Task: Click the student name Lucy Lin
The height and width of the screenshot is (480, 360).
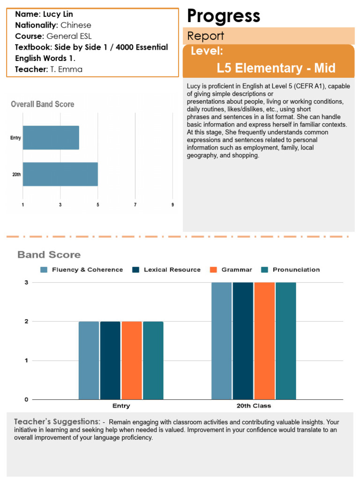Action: coord(58,15)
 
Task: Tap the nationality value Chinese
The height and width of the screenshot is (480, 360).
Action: coord(76,25)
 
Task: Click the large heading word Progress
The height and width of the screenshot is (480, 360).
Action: coord(224,16)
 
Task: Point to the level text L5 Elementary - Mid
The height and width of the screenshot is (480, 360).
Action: coord(276,68)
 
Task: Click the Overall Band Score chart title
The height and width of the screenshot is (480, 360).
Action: coord(43,104)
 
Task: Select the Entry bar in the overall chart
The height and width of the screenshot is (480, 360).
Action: coord(51,137)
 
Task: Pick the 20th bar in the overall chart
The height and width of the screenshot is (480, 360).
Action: coord(60,174)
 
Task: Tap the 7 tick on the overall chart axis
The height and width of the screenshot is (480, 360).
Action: coord(135,205)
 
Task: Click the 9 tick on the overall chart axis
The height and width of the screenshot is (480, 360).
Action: coord(172,205)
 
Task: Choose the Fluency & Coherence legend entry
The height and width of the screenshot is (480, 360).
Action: coord(82,270)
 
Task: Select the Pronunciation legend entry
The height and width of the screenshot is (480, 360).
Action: coord(290,270)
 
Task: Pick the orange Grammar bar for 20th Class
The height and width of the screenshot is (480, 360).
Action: coord(264,341)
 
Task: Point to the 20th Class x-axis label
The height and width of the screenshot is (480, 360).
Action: coord(254,405)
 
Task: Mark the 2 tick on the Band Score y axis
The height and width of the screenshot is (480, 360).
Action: coord(26,322)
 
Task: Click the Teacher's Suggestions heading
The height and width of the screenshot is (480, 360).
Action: coord(57,421)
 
